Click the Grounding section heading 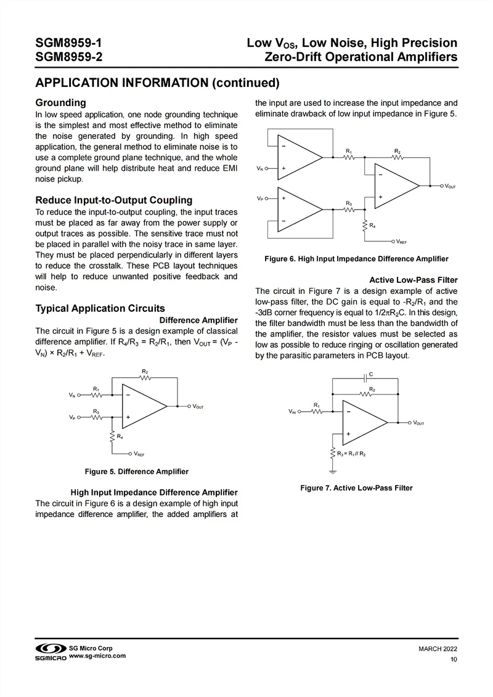coord(60,102)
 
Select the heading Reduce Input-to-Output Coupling coord(114,200)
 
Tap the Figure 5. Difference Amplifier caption coord(136,471)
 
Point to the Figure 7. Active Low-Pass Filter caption coord(356,488)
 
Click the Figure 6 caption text coord(356,259)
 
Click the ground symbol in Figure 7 coord(333,471)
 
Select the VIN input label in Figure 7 coord(292,411)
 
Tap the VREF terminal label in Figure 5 coord(139,454)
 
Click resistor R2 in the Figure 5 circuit coord(145,378)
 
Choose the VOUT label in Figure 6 coord(450,185)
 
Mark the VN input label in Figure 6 coord(260,168)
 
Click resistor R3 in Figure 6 coord(349,210)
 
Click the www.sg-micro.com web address coord(97,656)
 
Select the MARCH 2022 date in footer coord(438,649)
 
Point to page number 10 coord(454,660)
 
